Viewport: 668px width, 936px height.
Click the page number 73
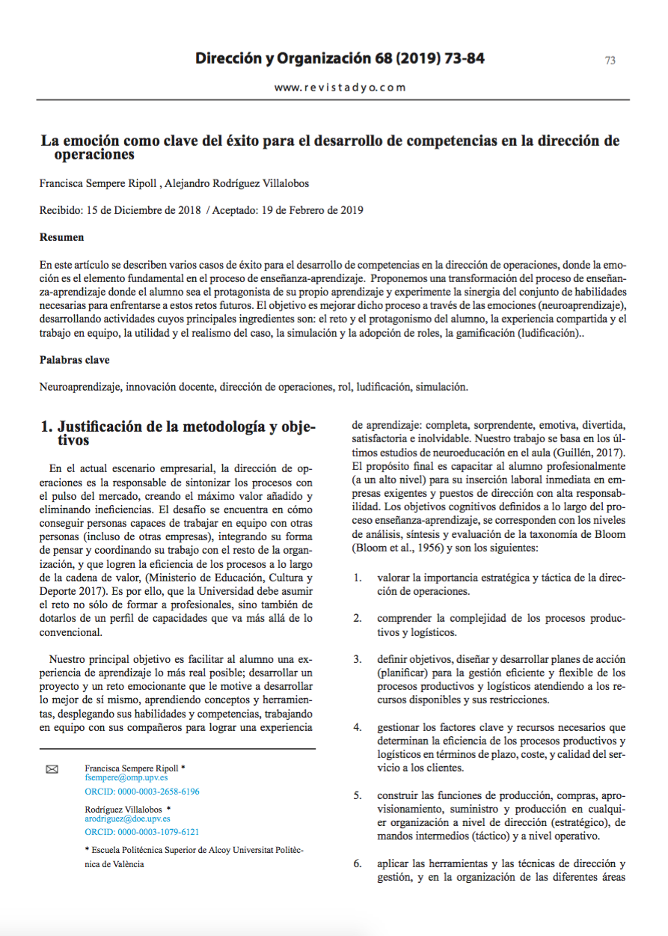pos(610,61)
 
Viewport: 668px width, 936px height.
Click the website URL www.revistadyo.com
pos(340,88)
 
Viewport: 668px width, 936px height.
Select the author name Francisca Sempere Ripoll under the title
pos(97,183)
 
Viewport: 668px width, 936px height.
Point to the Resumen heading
pos(61,237)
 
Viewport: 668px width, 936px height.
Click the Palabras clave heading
pos(74,360)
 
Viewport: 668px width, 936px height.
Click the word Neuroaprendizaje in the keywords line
pos(81,387)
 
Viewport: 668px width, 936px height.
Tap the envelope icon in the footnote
pos(52,769)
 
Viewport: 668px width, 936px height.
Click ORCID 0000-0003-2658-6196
pos(142,791)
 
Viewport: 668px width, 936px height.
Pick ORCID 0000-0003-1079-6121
pos(142,831)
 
